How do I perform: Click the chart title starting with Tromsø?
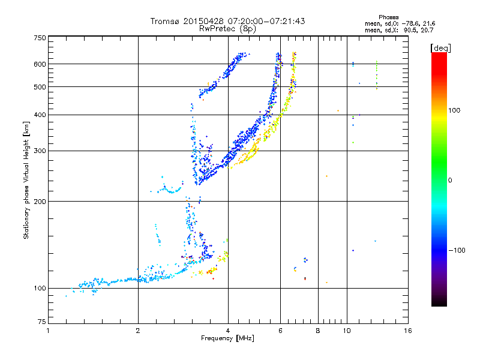click(227, 21)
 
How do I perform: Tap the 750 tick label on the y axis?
click(40, 38)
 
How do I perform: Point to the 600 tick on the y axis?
click(40, 64)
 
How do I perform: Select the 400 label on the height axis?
click(40, 115)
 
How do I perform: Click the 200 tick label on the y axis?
click(40, 201)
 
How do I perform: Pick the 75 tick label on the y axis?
click(41, 324)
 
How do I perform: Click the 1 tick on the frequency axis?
click(49, 331)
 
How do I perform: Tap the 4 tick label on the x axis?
click(228, 331)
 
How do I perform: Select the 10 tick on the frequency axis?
click(347, 331)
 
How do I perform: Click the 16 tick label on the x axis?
click(408, 331)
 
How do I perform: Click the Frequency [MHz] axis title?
click(227, 339)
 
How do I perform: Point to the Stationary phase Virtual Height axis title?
click(26, 180)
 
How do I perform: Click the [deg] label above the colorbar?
click(441, 47)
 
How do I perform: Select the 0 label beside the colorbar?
click(451, 180)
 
